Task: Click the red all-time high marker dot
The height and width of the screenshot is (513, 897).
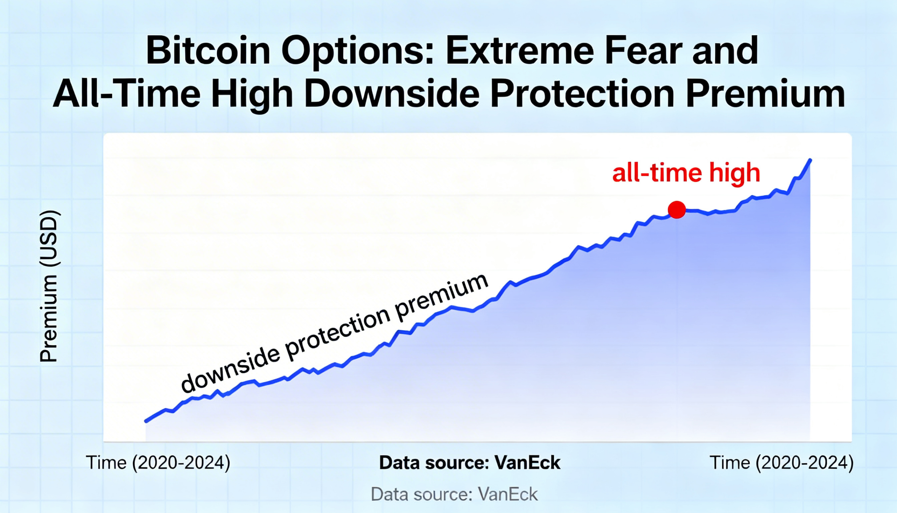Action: [677, 210]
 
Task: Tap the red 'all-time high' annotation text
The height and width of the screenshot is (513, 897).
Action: [686, 173]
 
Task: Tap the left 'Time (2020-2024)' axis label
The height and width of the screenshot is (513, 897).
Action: [158, 463]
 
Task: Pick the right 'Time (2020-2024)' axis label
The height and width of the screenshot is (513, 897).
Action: [781, 463]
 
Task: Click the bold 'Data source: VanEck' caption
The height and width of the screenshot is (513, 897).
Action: [470, 463]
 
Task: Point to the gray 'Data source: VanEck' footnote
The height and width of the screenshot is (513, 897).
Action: [454, 494]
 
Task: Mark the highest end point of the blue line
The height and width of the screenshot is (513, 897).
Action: [810, 160]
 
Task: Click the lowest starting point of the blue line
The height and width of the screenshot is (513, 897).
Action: [146, 421]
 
